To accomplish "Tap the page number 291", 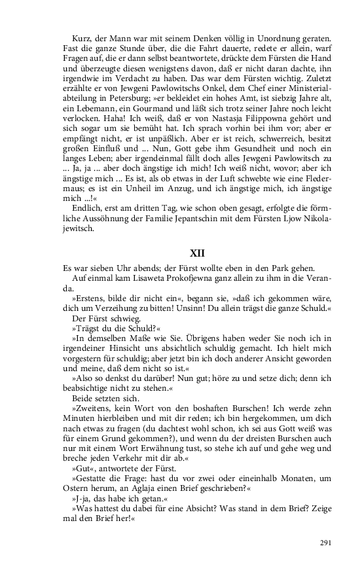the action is coord(326,543).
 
